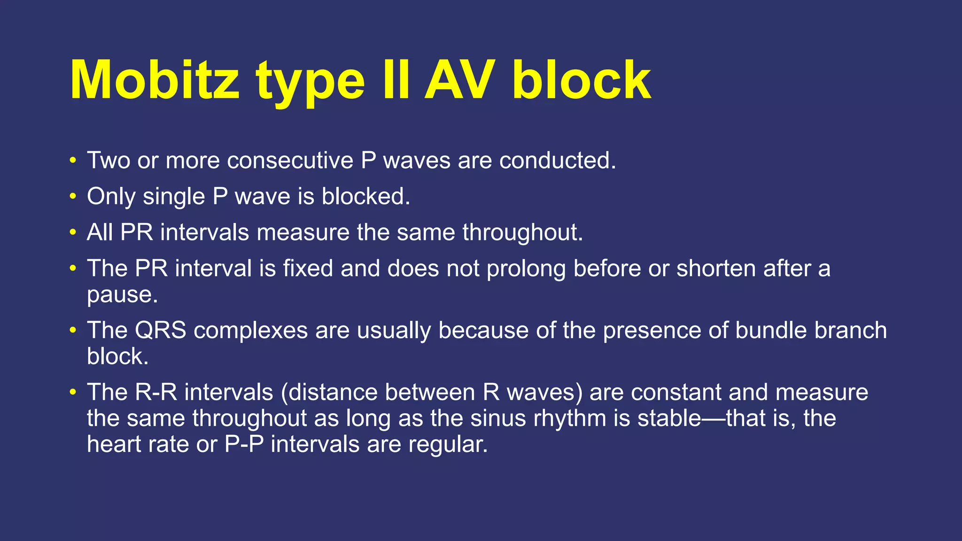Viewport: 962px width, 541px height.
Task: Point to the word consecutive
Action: click(290, 161)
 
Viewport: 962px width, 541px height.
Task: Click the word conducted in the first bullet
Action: click(557, 161)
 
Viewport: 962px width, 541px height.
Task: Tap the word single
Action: click(174, 196)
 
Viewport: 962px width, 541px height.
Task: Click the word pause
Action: click(122, 295)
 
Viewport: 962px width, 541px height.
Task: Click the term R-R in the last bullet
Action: click(156, 392)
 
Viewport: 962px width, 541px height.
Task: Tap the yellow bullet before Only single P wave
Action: click(72, 196)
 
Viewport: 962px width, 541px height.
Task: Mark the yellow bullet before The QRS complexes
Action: click(72, 330)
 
